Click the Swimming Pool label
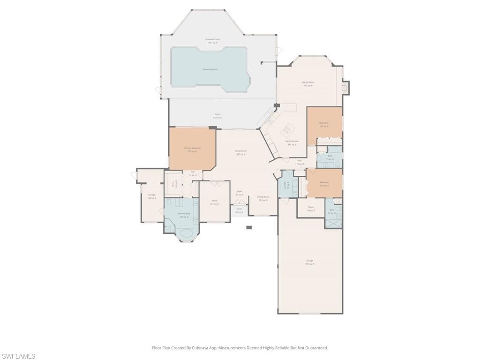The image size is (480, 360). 210,69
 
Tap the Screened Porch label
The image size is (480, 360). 212,41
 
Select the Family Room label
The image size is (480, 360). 307,84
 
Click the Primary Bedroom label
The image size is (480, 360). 192,150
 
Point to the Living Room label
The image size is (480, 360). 241,152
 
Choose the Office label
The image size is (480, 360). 214,202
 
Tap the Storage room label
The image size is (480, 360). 151,196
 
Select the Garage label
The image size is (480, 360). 310,262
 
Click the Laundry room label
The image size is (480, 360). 286,187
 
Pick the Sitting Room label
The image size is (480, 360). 263,198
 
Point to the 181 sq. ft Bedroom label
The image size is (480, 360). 324,125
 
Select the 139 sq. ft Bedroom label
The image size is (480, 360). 324,184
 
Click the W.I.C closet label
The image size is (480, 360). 173,184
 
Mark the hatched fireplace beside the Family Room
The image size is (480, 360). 346,87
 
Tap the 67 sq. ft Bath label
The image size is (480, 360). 332,211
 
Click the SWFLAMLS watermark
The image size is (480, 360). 18,356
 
